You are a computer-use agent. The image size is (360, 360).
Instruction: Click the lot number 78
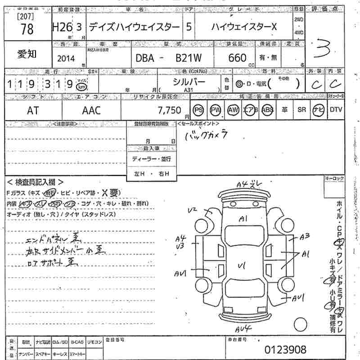tap(27, 29)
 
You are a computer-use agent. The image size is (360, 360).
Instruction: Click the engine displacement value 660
tap(237, 58)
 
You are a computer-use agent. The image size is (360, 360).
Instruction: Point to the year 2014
tap(66, 58)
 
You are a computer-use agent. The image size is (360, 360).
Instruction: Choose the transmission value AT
tap(33, 110)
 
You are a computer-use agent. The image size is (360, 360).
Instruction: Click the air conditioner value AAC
tap(91, 110)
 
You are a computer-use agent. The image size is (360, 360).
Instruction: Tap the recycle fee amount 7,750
tap(169, 110)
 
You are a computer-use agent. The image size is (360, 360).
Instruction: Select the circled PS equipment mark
tap(198, 110)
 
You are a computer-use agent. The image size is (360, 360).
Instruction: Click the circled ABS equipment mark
tap(267, 110)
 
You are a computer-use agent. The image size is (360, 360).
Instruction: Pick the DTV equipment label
tap(336, 110)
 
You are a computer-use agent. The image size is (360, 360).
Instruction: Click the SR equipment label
tap(301, 110)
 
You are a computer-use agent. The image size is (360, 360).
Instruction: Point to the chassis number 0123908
tap(285, 349)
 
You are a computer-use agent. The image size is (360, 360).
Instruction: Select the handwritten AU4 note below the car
tap(244, 328)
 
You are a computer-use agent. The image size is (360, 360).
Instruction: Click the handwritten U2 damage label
tap(193, 209)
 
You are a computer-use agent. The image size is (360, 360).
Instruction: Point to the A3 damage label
tap(305, 235)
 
